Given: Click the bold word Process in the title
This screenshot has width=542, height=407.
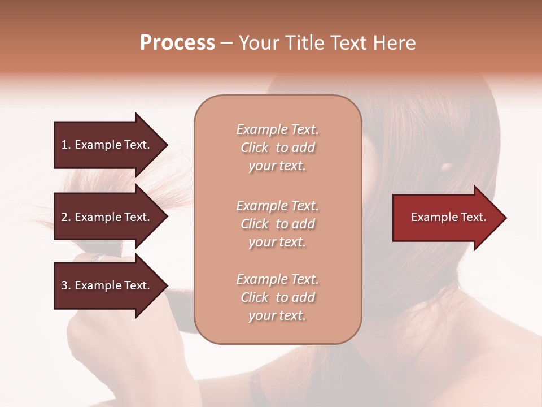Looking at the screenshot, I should (x=177, y=43).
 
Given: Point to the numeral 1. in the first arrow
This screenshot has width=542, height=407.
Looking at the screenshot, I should (x=66, y=145).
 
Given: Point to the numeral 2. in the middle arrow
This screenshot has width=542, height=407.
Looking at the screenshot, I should (x=66, y=217).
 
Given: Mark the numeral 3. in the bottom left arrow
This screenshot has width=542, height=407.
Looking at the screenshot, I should (x=66, y=285).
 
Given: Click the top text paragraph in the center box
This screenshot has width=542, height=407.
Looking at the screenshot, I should (x=277, y=148).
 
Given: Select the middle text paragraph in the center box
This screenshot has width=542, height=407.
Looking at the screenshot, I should (x=277, y=224).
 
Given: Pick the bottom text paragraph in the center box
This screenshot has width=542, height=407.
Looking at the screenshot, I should (x=277, y=297).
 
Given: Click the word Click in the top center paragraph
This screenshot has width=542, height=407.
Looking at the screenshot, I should (x=255, y=148).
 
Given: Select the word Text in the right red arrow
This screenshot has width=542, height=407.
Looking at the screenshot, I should (x=473, y=217).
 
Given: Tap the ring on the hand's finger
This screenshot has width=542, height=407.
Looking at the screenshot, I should (x=97, y=257).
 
